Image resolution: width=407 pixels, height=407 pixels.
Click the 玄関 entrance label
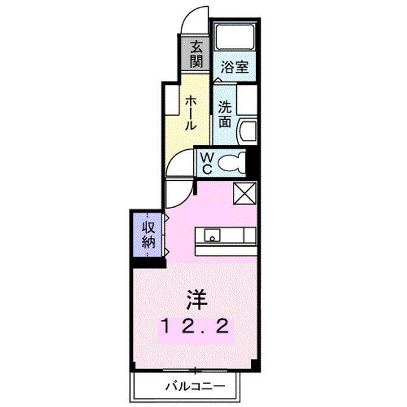[x=196, y=54]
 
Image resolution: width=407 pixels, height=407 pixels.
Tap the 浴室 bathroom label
[x=234, y=67]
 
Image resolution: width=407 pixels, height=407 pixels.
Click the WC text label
[x=206, y=162]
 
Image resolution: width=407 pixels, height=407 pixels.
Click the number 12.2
[x=196, y=326]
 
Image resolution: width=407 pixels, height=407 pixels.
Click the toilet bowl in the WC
[x=232, y=163]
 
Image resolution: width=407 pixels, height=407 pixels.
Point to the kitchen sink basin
[x=213, y=235]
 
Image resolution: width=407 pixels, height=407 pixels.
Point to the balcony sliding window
[x=196, y=371]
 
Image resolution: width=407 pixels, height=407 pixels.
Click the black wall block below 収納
[x=149, y=263]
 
